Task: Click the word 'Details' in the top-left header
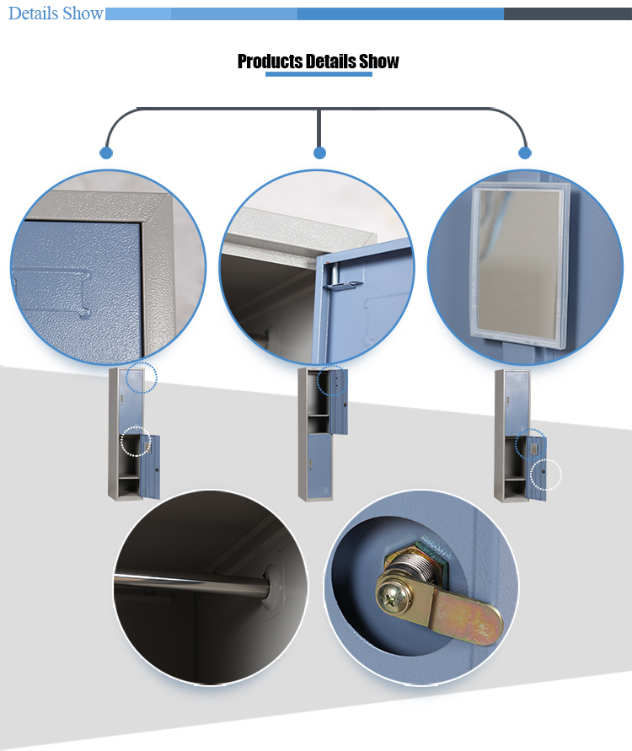(x=33, y=13)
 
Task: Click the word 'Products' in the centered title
(x=270, y=62)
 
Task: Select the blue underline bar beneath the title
(x=319, y=74)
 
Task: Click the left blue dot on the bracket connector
(x=106, y=153)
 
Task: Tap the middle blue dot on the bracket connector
(x=320, y=153)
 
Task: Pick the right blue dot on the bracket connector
(x=525, y=153)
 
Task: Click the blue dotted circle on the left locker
(x=142, y=378)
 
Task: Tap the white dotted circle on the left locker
(x=136, y=441)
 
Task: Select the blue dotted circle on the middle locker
(x=332, y=380)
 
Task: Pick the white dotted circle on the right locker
(x=546, y=475)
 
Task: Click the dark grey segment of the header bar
(x=568, y=13)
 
